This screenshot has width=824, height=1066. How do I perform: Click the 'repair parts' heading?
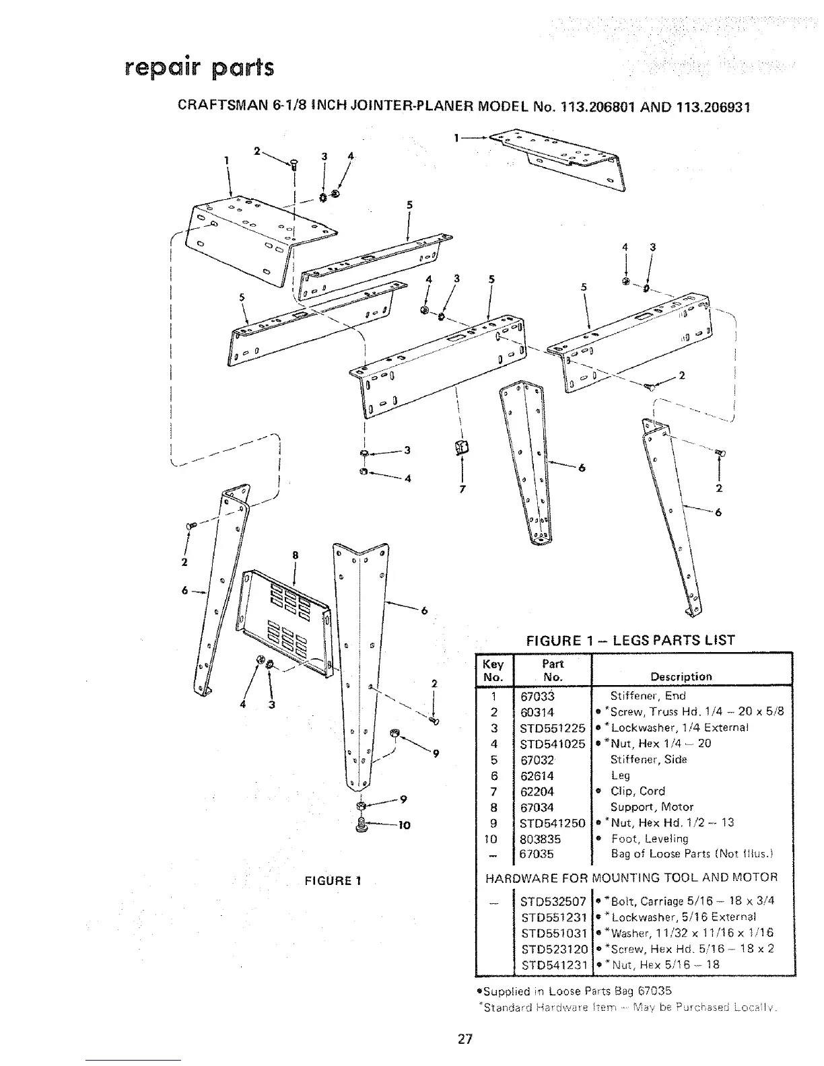(199, 68)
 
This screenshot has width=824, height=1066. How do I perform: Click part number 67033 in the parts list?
(537, 697)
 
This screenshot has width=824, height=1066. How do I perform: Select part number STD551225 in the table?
(552, 728)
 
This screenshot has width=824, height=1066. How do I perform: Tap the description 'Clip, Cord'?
(637, 791)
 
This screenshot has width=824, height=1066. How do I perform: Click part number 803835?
(541, 839)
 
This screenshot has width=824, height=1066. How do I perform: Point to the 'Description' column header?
(681, 677)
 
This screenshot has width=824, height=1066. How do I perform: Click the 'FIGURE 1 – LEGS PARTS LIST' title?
(629, 640)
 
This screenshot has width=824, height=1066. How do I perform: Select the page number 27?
(465, 1038)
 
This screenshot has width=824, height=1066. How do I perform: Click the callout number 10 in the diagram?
(404, 825)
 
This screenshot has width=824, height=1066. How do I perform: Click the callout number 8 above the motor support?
(294, 556)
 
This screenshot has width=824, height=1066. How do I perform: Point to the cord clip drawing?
(462, 445)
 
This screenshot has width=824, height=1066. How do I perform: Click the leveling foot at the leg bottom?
(362, 823)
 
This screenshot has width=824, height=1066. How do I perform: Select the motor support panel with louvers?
(287, 623)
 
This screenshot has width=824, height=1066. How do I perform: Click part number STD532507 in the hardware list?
(554, 901)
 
